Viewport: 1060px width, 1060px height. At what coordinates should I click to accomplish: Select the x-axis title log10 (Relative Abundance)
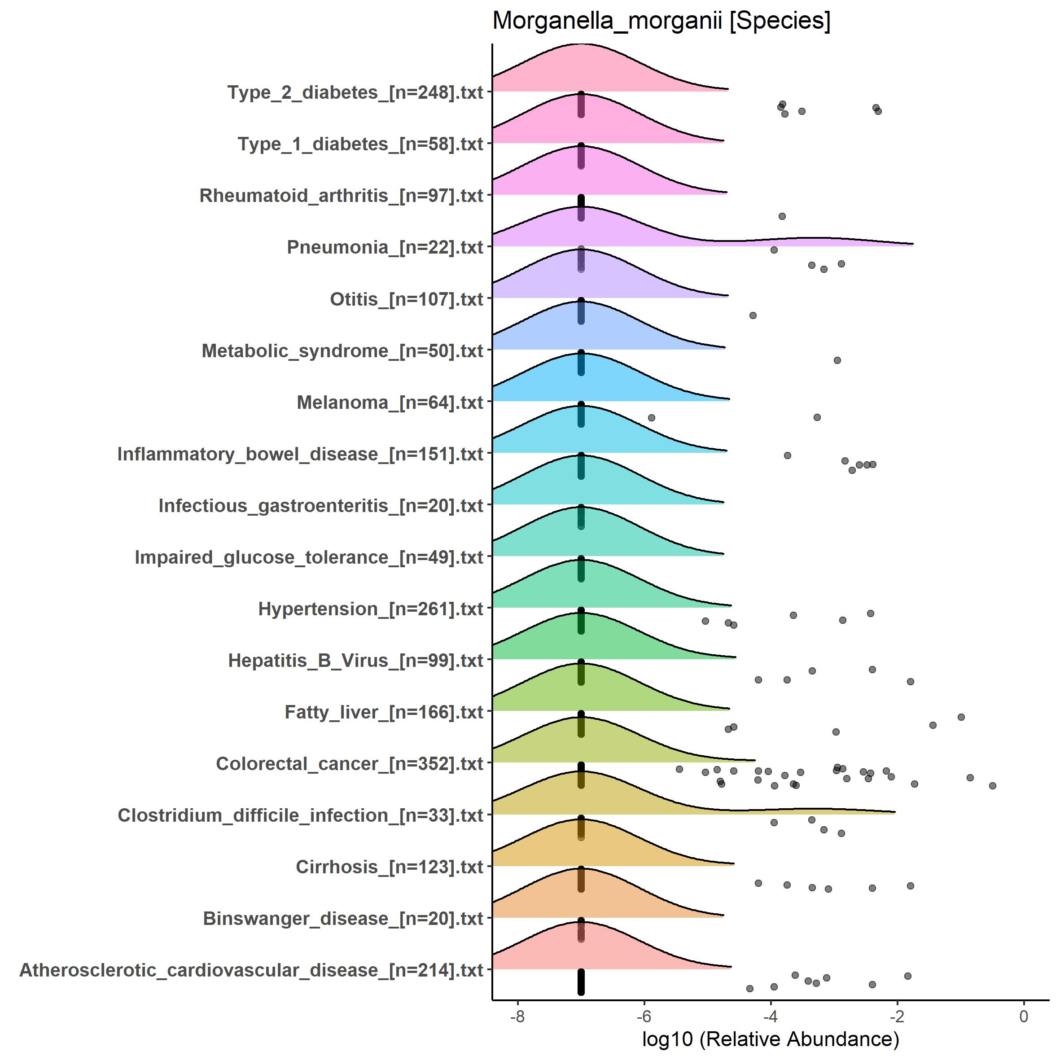click(770, 1038)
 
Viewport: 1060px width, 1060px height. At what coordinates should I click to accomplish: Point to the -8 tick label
click(517, 1016)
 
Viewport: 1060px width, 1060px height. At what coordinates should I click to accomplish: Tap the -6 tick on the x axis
click(644, 1016)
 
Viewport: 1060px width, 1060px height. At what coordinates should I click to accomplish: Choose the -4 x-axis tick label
click(770, 1016)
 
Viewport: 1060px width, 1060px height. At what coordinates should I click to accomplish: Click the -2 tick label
click(897, 1016)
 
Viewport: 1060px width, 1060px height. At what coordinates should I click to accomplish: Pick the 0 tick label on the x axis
click(1024, 1016)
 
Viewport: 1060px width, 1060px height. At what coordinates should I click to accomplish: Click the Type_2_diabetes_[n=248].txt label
click(355, 92)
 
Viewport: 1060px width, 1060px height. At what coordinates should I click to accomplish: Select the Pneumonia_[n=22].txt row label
click(385, 247)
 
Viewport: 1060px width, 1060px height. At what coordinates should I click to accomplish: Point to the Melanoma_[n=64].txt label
click(390, 403)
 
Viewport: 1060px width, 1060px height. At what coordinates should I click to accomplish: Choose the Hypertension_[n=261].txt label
click(370, 609)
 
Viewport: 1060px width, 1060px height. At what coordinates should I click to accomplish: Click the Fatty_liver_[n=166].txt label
click(384, 712)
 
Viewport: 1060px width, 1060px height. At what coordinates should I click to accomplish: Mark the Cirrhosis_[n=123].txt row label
click(389, 867)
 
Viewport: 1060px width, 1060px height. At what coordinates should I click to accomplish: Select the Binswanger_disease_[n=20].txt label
click(343, 919)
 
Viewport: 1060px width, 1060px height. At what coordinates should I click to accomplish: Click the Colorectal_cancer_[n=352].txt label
click(349, 764)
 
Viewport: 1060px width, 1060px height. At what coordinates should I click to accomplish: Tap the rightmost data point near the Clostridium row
click(992, 786)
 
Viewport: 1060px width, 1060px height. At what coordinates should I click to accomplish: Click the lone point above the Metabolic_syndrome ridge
click(753, 315)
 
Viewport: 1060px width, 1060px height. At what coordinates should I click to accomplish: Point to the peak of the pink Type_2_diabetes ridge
click(580, 45)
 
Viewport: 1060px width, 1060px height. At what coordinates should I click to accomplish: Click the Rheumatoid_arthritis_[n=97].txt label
click(341, 196)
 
